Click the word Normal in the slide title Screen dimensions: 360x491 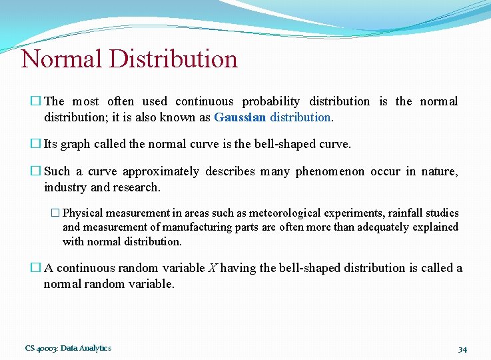click(62, 59)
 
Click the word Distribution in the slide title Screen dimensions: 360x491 click(173, 59)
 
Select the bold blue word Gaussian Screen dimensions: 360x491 click(241, 117)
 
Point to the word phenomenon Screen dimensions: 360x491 click(329, 172)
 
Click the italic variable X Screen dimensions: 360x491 click(212, 268)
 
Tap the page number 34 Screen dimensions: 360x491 click(462, 349)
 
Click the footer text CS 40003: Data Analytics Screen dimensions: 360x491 click(68, 348)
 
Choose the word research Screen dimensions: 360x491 click(137, 187)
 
